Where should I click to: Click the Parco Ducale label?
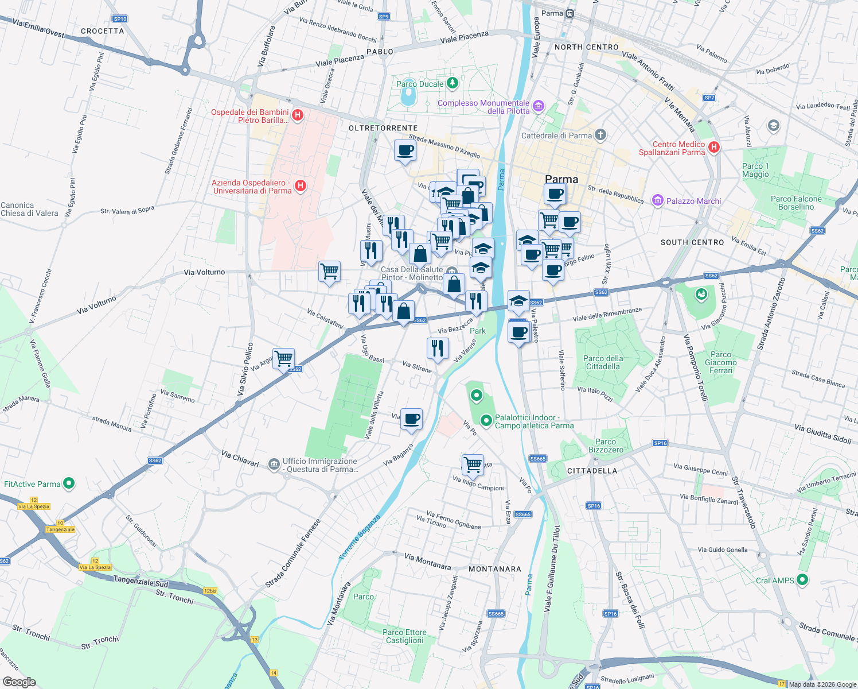click(420, 84)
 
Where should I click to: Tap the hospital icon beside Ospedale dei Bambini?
click(298, 115)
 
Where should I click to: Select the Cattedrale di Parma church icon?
click(600, 136)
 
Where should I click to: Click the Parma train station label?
click(552, 13)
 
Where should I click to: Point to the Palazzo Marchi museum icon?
click(657, 200)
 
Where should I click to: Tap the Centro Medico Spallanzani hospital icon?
click(714, 147)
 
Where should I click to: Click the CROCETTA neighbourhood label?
click(103, 31)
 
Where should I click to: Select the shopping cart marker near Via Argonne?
click(284, 359)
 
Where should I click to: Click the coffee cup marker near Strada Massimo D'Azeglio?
click(405, 150)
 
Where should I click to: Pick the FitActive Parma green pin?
click(69, 483)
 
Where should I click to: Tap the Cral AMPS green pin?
click(802, 580)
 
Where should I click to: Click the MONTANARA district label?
click(495, 569)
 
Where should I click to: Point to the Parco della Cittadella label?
click(603, 362)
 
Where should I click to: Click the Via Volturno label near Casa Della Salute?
click(204, 272)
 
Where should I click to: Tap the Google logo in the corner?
click(19, 682)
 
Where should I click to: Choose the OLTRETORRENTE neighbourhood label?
click(383, 128)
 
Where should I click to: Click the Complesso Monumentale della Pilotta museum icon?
click(538, 106)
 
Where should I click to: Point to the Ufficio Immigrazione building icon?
click(274, 463)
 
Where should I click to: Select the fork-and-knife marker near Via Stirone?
click(438, 348)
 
